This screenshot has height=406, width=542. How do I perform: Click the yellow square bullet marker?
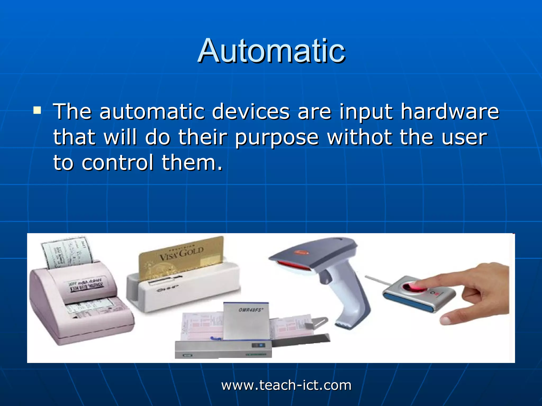[37, 110]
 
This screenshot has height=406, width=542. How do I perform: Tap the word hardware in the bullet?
[449, 112]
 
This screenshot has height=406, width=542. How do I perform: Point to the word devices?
[251, 112]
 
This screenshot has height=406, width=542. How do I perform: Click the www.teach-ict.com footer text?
[286, 385]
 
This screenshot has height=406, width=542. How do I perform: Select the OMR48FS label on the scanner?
[251, 310]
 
